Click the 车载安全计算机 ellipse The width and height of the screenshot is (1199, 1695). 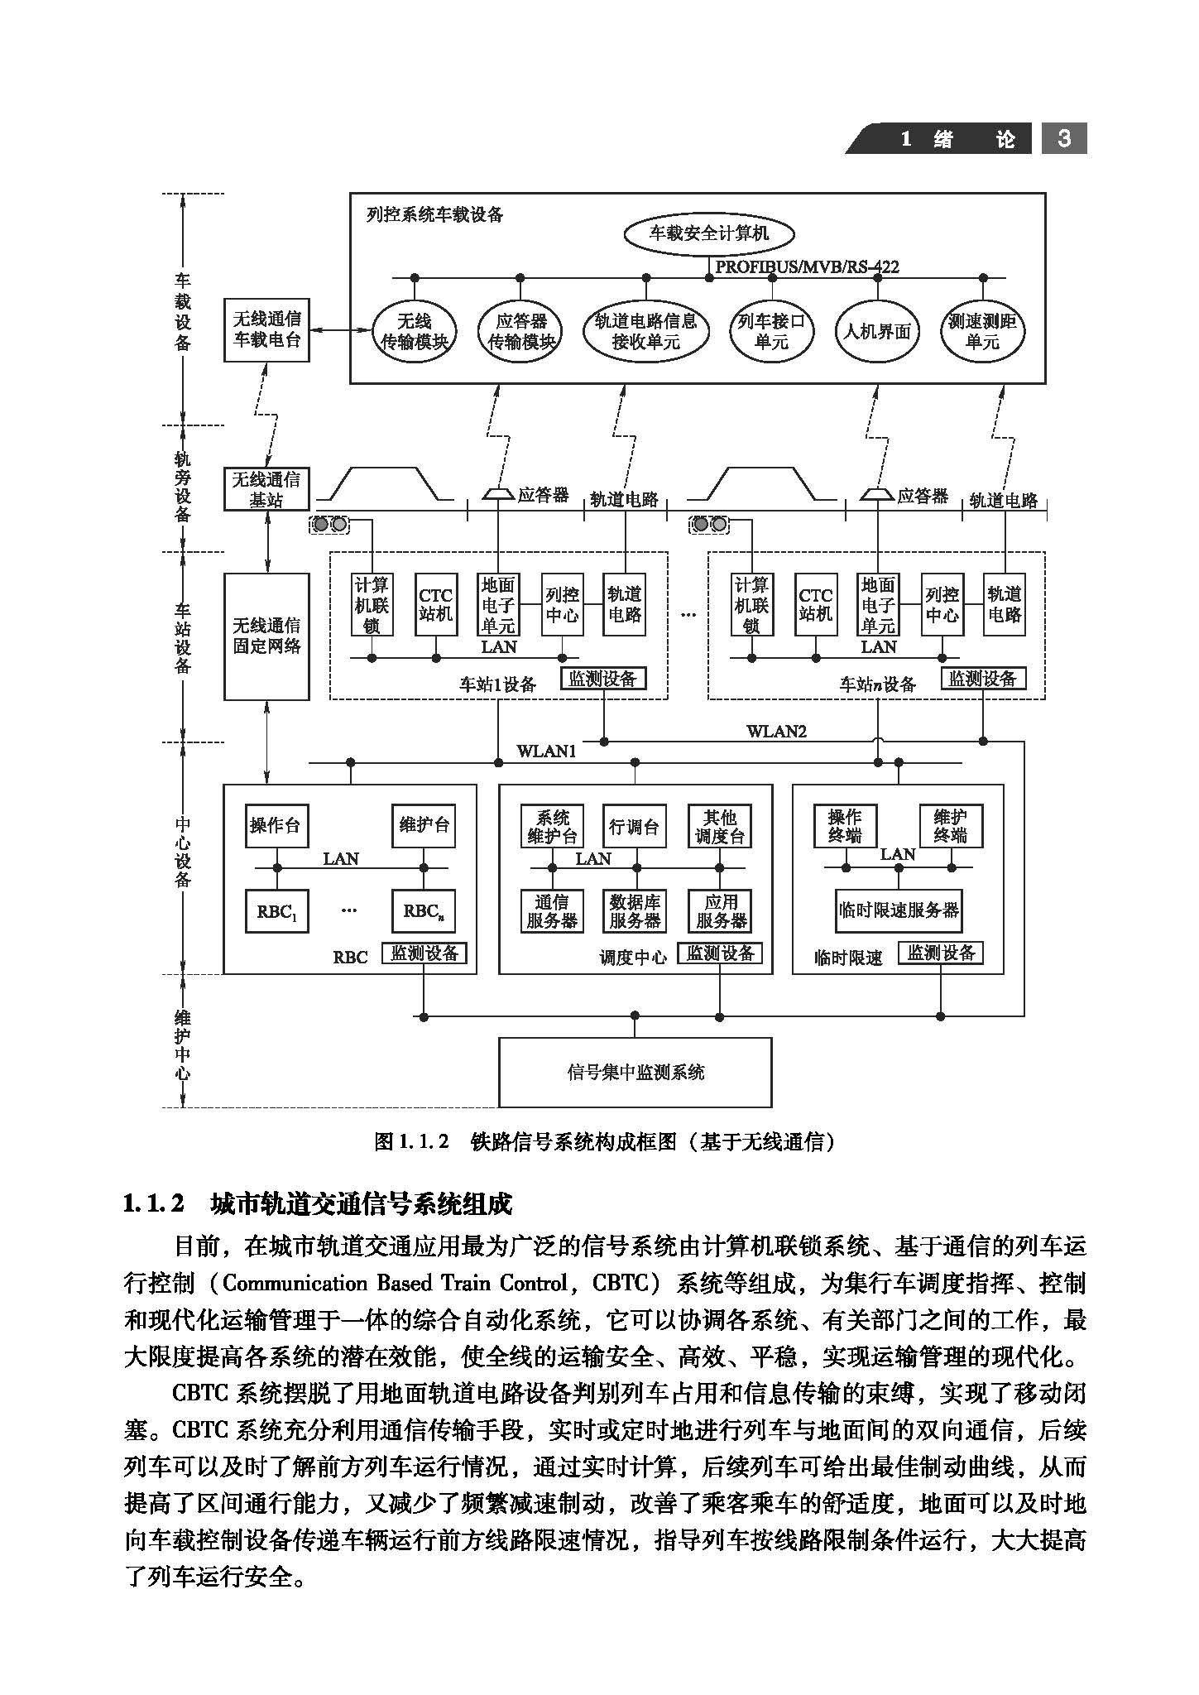708,233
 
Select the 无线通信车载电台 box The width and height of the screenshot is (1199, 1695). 266,329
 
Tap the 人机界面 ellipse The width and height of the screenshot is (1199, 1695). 877,331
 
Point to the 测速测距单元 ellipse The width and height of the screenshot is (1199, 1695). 982,331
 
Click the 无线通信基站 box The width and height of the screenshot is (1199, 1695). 266,489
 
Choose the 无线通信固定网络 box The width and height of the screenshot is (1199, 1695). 266,636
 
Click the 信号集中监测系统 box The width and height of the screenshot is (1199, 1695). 635,1072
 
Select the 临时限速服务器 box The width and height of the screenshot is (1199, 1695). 898,910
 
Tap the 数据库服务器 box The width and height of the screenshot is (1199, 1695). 635,910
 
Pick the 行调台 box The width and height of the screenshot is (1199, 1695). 634,826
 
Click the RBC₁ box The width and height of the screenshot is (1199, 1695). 276,911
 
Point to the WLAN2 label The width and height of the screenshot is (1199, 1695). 775,731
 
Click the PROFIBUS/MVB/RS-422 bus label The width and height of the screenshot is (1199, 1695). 807,266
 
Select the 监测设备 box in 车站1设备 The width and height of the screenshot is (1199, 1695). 602,679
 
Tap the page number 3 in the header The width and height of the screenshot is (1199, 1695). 1064,138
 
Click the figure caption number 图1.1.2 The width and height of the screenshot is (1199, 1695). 411,1142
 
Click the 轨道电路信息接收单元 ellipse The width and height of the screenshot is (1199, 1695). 645,331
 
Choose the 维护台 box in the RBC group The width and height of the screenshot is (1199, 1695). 424,825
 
